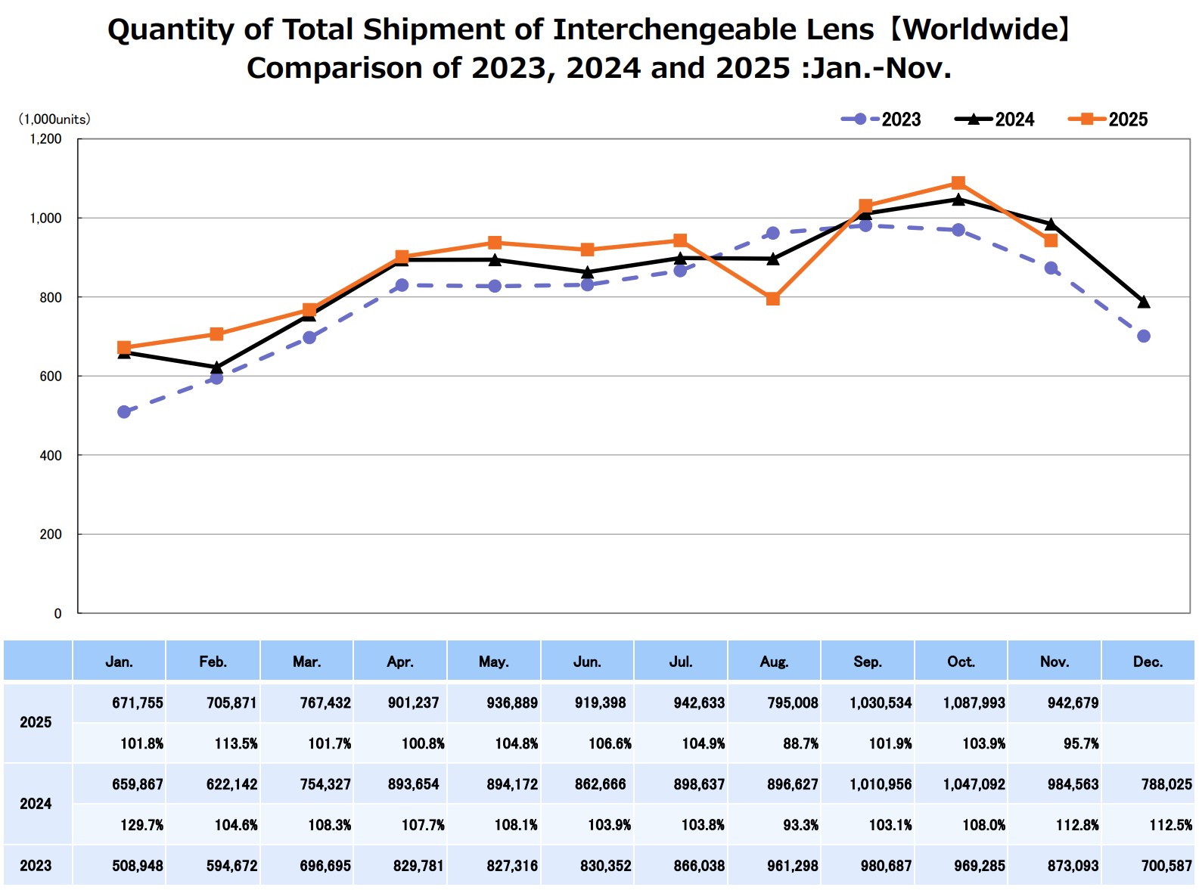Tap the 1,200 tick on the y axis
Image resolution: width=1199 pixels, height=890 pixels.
coord(45,139)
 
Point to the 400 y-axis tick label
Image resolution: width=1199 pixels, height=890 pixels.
coord(51,455)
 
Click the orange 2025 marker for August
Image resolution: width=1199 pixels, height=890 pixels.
coord(772,299)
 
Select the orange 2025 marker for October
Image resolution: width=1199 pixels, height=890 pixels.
coord(958,183)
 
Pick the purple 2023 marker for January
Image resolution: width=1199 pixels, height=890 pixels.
coord(124,412)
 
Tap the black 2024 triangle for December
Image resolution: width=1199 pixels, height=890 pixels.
coord(1143,302)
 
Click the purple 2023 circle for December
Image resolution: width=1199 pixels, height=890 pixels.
coord(1143,336)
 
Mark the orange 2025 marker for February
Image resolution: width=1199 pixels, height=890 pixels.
coord(216,334)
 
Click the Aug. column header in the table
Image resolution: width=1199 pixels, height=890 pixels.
coord(774,662)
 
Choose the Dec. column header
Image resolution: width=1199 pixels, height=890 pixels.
coord(1147,662)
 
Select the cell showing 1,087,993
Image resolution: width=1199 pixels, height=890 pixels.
coord(974,703)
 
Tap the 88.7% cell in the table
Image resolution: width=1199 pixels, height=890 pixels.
coord(800,744)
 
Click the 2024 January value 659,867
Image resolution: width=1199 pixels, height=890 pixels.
coord(138,785)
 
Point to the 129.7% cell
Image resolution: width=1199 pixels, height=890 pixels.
coord(142,825)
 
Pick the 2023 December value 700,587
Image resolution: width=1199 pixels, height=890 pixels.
coord(1166,866)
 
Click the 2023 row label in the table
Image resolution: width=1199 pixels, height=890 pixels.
coord(36,866)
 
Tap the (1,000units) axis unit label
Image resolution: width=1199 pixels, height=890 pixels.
coord(54,119)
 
